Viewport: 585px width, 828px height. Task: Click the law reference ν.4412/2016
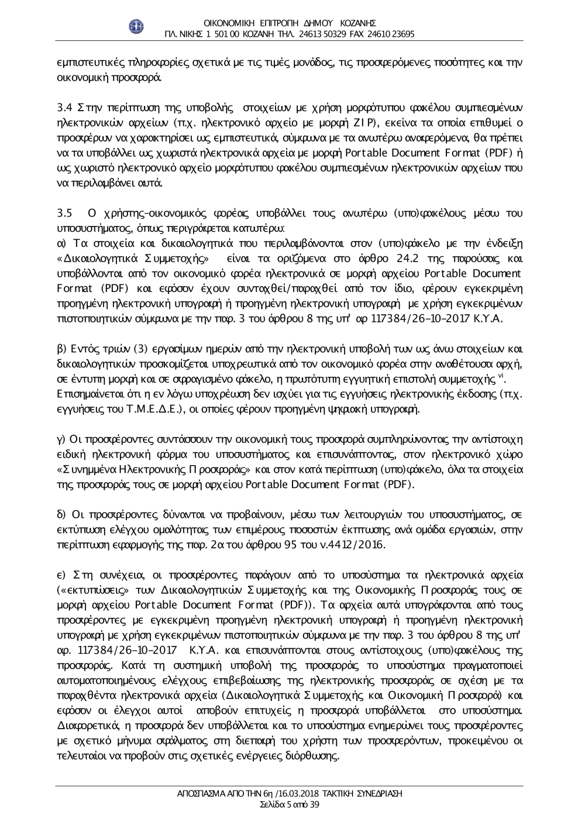360,545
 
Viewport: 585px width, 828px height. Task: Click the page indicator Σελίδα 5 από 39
289,805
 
